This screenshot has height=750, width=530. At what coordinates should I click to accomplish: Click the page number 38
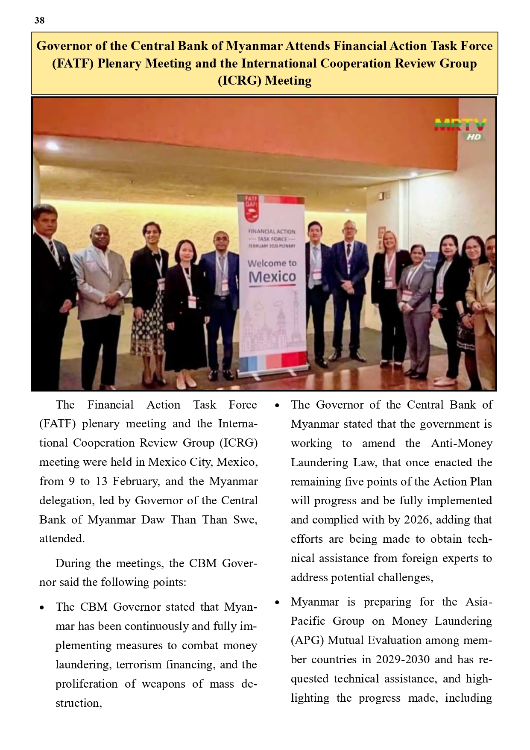(x=39, y=21)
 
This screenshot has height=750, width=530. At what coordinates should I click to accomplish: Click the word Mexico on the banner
(x=272, y=277)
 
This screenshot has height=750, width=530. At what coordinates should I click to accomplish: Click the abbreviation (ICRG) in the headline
(x=240, y=80)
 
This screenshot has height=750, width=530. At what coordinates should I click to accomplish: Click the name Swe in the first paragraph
(x=245, y=520)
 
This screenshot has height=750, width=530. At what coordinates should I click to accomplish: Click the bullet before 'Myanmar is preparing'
(x=277, y=603)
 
